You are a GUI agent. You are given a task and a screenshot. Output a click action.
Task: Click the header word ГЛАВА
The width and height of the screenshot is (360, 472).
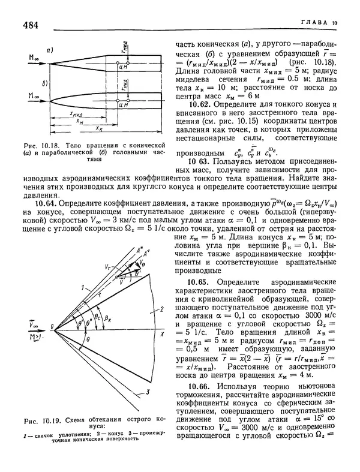(314, 22)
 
